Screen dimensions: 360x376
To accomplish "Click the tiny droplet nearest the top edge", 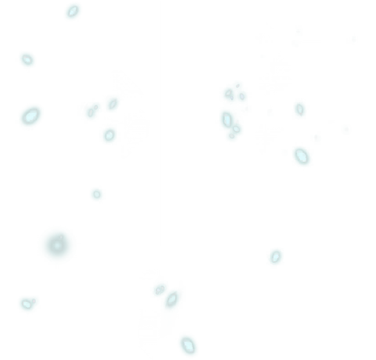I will (x=73, y=11).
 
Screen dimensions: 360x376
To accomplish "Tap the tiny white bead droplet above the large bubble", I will (x=96, y=195).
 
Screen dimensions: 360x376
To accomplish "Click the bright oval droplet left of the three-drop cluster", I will (x=30, y=115).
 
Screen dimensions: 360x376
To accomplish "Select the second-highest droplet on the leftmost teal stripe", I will (x=27, y=60).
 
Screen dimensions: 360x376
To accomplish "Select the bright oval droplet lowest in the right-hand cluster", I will (x=302, y=156).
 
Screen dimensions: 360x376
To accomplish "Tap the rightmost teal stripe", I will (x=346, y=242).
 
